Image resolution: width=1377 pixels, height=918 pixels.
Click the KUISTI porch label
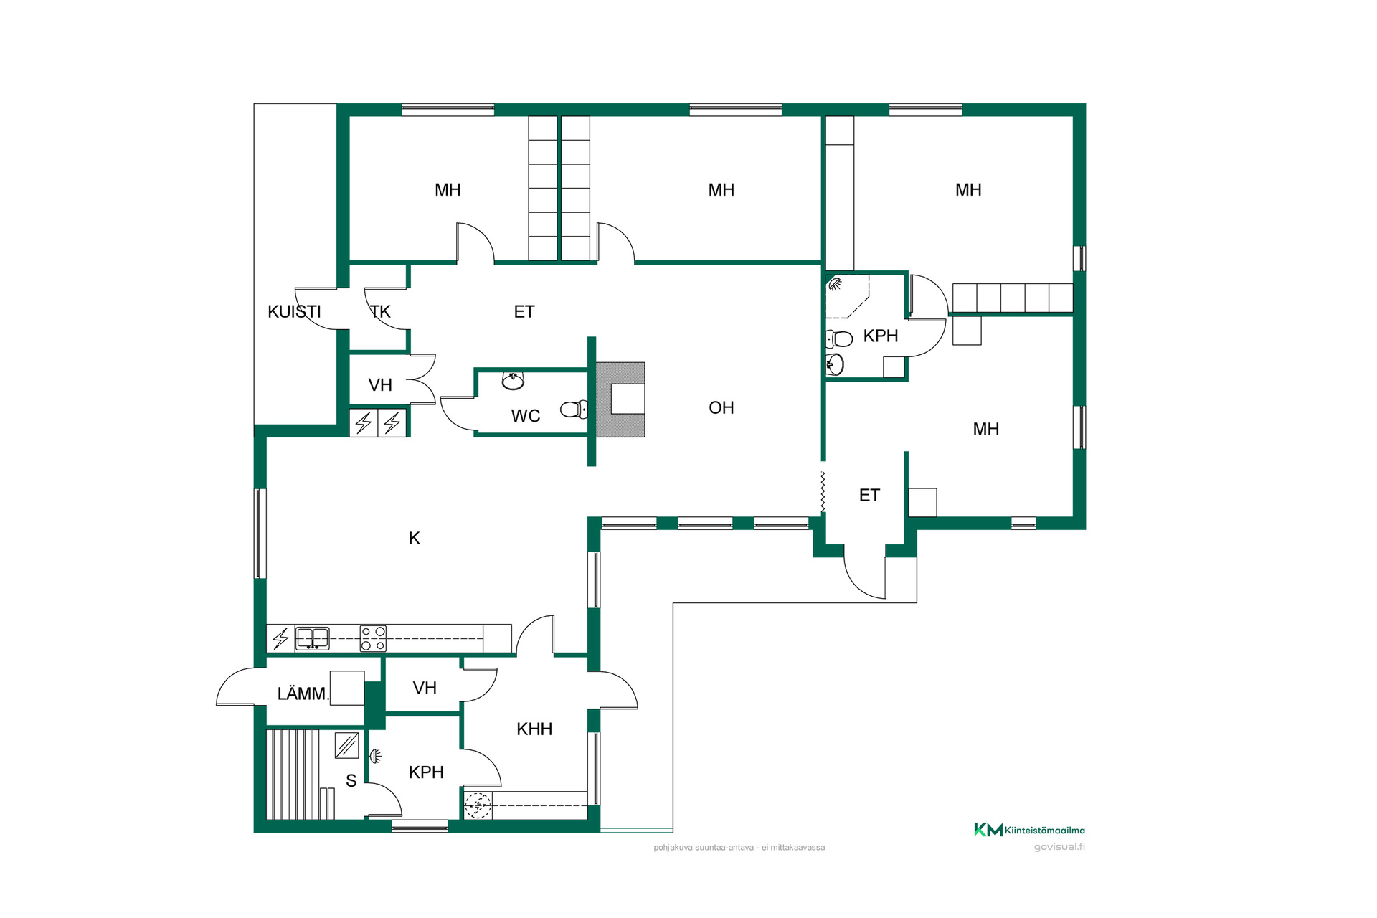294,312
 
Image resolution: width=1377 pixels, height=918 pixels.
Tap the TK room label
380,312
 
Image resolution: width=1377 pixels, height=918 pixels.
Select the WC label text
526,416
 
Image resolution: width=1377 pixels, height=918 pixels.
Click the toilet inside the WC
574,410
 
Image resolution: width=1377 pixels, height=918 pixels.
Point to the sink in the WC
513,380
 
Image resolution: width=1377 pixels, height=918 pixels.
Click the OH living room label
721,408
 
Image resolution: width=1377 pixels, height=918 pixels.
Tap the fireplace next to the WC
620,399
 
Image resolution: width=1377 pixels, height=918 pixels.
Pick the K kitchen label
415,539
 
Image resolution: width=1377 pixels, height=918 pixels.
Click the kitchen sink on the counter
313,638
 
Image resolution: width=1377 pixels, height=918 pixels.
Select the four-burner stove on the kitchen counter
373,638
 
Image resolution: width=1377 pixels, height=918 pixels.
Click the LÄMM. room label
303,694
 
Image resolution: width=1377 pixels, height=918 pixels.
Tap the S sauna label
351,781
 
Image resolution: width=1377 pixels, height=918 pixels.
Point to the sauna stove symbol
347,745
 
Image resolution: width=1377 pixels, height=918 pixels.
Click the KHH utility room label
534,729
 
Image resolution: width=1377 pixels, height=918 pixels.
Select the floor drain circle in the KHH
478,805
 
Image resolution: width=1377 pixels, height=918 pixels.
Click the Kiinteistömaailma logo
1029,830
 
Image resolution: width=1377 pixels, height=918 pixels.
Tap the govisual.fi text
1059,847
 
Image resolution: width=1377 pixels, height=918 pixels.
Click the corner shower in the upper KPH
847,295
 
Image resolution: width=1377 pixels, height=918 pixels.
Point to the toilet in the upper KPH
839,339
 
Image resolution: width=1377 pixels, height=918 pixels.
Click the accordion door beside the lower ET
823,492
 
